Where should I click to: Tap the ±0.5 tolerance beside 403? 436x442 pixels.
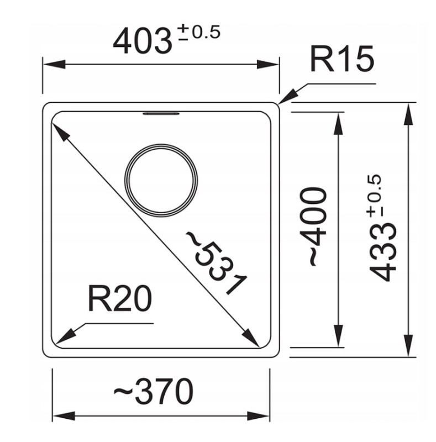click(x=199, y=33)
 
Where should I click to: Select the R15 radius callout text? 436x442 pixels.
click(x=342, y=60)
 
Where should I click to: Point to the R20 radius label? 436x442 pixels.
click(x=120, y=298)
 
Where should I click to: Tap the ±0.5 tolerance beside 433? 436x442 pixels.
click(x=374, y=196)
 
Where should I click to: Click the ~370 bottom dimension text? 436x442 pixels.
click(x=154, y=392)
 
